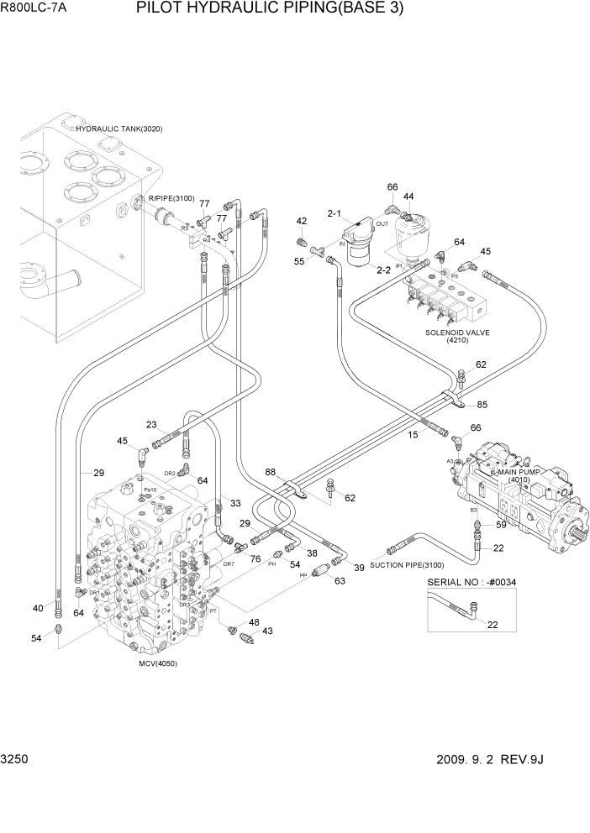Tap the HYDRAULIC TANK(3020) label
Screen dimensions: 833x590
tap(119, 129)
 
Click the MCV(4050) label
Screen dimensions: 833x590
tap(158, 663)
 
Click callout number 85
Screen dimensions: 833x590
tap(482, 405)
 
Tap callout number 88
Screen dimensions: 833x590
tap(271, 473)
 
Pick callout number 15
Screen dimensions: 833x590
tap(414, 434)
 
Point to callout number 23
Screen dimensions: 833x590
tap(151, 424)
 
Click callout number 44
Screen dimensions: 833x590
tap(408, 196)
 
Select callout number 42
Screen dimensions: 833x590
tap(301, 221)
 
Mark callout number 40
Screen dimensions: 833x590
tap(37, 609)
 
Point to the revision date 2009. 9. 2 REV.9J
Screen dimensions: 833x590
tap(491, 759)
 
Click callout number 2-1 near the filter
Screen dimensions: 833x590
tap(334, 215)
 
